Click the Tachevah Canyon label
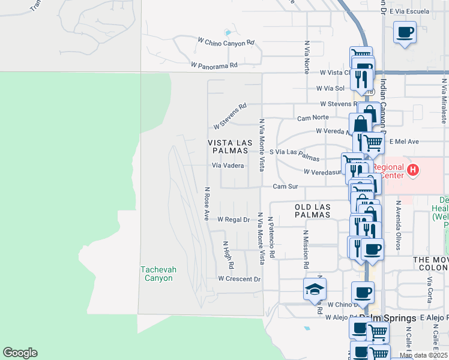tap(158, 274)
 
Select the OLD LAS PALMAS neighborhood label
tap(313, 210)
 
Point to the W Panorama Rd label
tap(214, 65)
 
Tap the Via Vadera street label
tap(228, 166)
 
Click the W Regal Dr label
tap(234, 220)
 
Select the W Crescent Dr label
tap(240, 279)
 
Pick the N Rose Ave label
tap(206, 203)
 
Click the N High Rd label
tap(229, 255)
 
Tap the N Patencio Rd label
tap(271, 238)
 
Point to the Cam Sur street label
tap(285, 187)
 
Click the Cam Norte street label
tap(313, 118)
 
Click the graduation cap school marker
tap(315, 290)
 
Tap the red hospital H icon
tap(412, 170)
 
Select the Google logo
tap(20, 353)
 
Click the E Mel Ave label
tap(403, 142)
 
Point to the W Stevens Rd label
tap(231, 116)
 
